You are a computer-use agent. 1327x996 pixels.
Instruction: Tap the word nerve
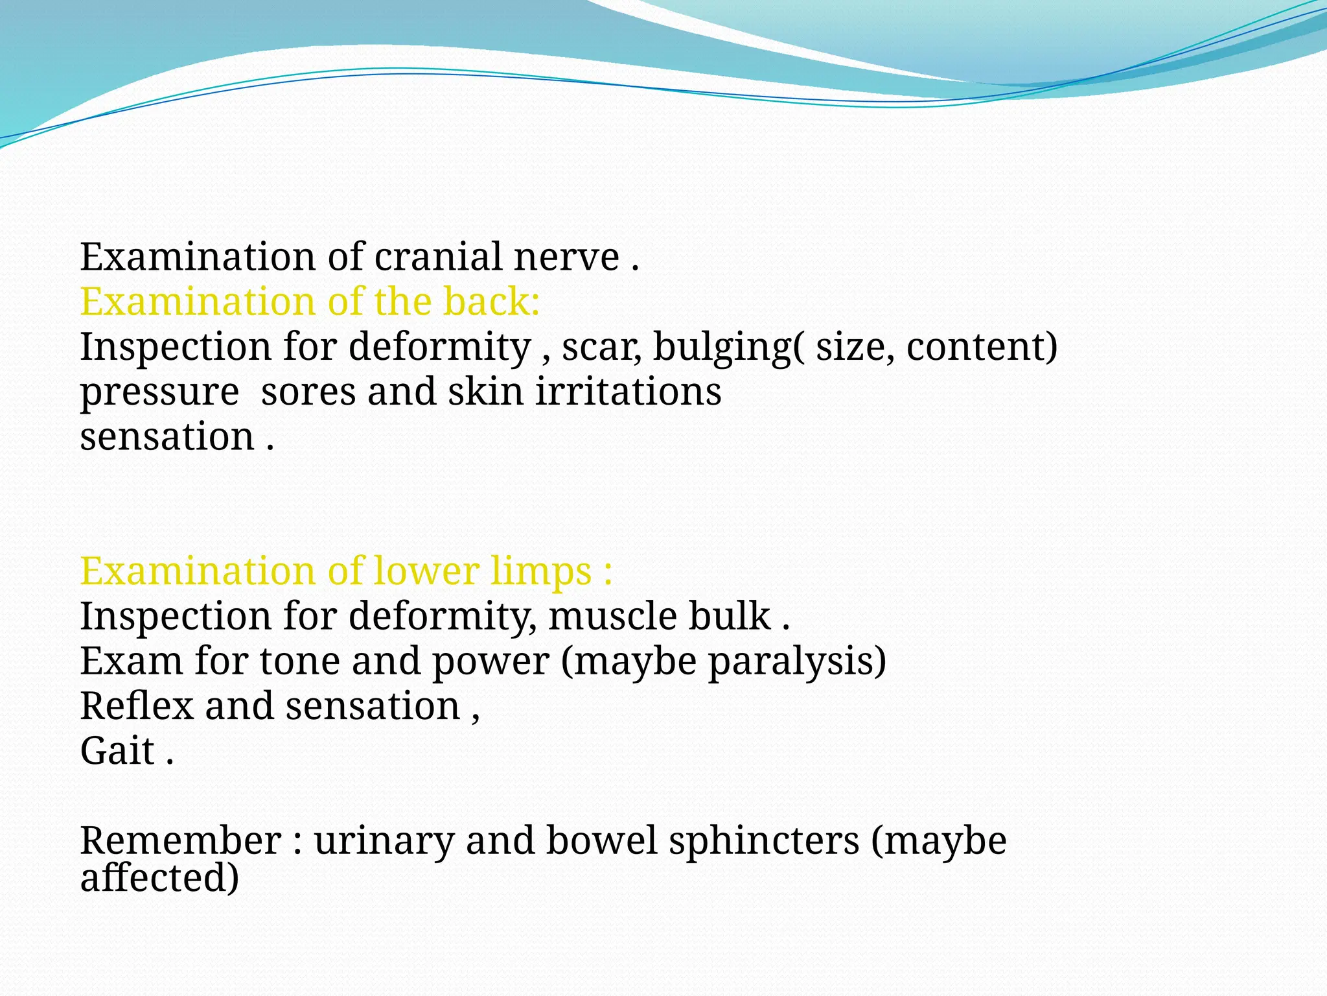coord(566,257)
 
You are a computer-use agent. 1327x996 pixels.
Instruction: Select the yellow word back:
coord(491,302)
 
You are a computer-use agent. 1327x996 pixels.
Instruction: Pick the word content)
coord(982,348)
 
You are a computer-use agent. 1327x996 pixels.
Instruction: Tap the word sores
coord(308,393)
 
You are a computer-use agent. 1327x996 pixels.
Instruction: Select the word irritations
coord(628,392)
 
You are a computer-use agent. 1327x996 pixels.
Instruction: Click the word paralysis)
coord(797,662)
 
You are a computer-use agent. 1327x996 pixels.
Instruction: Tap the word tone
coord(300,662)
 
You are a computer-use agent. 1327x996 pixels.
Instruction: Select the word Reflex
coord(137,706)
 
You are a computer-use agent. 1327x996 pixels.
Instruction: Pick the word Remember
coord(181,841)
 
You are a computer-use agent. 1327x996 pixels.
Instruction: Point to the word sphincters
coord(764,841)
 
